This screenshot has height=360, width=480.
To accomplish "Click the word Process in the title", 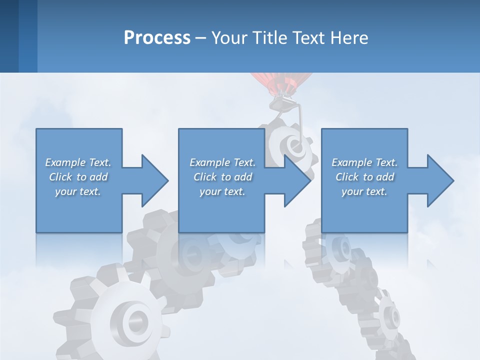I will (157, 37).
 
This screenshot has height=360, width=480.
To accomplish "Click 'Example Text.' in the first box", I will (78, 162).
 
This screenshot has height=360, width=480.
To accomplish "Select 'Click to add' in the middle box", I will (222, 177).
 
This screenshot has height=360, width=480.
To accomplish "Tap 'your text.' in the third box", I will (364, 191).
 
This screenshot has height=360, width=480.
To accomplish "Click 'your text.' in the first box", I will (78, 191).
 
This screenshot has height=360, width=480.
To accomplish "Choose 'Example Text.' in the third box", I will (364, 162).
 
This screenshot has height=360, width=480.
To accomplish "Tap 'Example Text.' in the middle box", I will (222, 162).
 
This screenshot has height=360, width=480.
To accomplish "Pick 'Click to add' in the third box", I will (364, 177).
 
